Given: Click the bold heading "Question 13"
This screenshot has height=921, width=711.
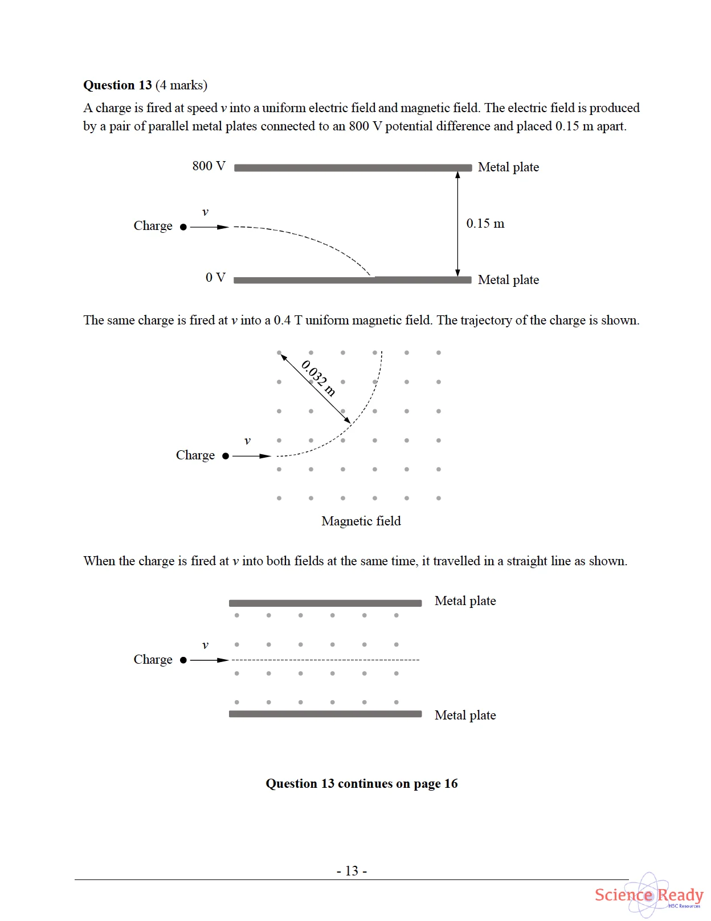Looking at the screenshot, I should [117, 85].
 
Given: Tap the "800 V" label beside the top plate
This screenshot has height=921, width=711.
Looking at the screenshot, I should [209, 166].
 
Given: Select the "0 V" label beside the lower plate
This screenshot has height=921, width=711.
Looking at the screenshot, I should [215, 278].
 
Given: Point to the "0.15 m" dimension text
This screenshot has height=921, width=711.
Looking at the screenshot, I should [485, 224].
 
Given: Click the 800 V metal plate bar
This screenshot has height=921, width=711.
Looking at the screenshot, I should [353, 168].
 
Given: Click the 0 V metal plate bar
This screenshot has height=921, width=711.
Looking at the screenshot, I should [353, 280].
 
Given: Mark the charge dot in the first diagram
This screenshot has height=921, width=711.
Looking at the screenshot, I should [183, 227].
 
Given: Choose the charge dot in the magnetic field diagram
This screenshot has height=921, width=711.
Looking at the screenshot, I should [226, 456].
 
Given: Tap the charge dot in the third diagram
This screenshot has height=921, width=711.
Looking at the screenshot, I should [183, 660].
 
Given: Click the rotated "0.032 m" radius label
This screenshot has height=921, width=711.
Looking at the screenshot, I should [318, 377].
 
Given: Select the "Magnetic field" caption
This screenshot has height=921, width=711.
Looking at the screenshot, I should [361, 521].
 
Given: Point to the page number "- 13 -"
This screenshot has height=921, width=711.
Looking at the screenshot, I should [352, 871].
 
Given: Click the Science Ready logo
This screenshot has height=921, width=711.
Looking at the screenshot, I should [649, 895].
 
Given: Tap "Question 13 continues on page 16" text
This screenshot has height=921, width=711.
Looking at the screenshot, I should [361, 784].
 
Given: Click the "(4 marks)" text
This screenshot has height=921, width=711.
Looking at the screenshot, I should [181, 85].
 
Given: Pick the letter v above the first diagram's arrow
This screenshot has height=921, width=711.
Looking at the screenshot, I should [205, 212].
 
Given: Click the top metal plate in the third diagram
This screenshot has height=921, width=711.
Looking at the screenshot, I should [325, 603].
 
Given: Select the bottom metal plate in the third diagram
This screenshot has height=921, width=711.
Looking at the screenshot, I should [325, 714].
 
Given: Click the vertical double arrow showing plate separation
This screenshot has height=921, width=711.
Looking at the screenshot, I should [457, 224].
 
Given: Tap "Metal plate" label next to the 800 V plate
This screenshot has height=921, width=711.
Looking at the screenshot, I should [508, 167].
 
